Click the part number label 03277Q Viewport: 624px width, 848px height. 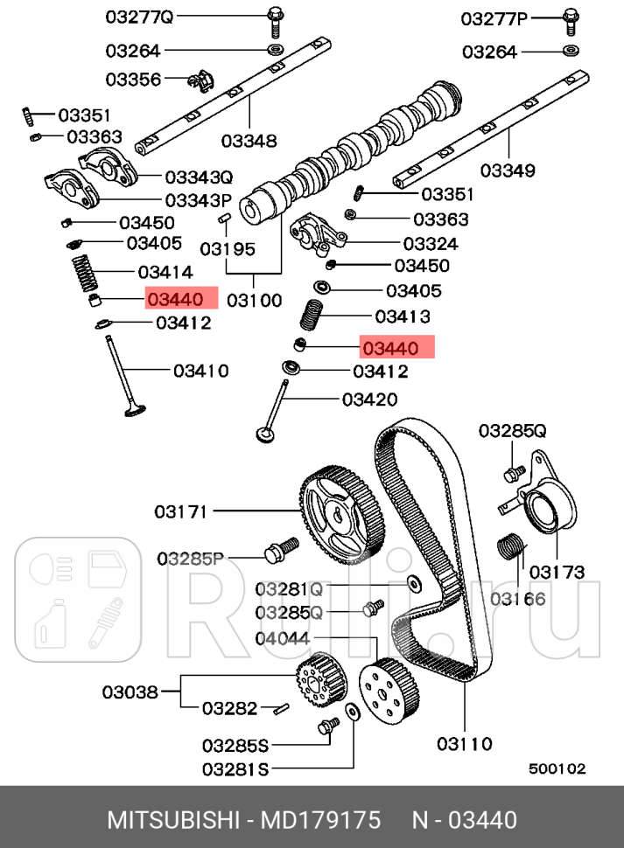click(139, 17)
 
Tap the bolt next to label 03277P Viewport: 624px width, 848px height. click(570, 17)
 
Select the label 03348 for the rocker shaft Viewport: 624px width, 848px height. click(249, 140)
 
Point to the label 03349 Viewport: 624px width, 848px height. click(501, 170)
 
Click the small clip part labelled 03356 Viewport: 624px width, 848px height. click(201, 81)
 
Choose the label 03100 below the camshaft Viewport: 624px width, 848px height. click(255, 301)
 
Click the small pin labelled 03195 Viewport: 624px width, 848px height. click(224, 217)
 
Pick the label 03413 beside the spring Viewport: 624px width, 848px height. click(402, 316)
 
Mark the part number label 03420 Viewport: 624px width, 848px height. click(369, 400)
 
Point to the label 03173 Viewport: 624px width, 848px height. click(556, 573)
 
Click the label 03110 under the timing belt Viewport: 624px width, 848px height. click(464, 744)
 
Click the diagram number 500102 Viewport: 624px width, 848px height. click(557, 768)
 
